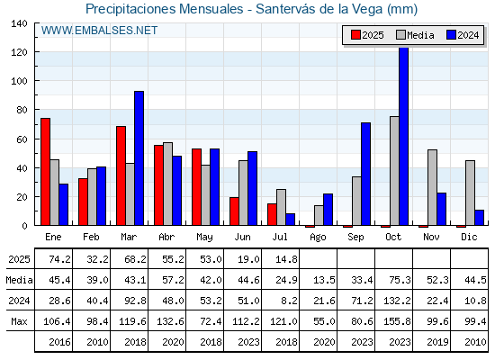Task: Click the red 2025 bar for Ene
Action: [x=45, y=172]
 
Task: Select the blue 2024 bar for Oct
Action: [x=404, y=136]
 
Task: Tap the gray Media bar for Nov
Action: [x=432, y=187]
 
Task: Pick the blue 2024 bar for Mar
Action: [x=139, y=158]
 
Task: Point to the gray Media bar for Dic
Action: [x=470, y=193]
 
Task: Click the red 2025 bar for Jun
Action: [x=234, y=211]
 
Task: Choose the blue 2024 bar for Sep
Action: [x=365, y=174]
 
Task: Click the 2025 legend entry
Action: [x=367, y=35]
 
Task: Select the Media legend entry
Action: [x=415, y=35]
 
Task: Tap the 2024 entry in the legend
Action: [x=463, y=35]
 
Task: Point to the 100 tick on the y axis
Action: [x=20, y=81]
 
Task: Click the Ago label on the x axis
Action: [x=318, y=238]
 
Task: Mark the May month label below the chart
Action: [x=204, y=238]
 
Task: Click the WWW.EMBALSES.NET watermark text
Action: [x=99, y=31]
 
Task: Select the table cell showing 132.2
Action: [x=397, y=301]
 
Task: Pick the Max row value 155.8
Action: [x=397, y=321]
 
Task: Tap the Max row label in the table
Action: [x=19, y=321]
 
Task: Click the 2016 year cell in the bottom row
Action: [x=59, y=342]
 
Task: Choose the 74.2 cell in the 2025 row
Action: [x=59, y=259]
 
